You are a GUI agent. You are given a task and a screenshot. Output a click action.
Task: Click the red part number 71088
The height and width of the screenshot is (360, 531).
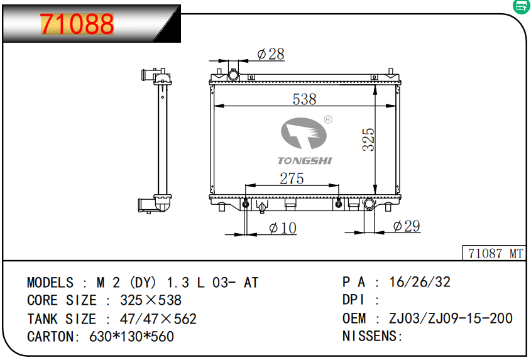coord(77,24)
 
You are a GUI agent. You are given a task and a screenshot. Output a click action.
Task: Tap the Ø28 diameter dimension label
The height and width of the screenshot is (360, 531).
coord(271,54)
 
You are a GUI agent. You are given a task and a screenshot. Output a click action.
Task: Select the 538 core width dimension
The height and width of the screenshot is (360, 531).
coord(304,99)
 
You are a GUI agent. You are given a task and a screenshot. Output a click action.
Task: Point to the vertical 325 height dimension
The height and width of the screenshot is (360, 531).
coord(368,139)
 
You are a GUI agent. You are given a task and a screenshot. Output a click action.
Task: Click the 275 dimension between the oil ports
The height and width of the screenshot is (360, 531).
coord(292,178)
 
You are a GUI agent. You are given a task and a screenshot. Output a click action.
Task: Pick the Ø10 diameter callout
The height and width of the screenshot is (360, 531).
coord(283,228)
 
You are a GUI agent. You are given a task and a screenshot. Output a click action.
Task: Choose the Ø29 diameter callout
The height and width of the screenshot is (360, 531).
coord(407,226)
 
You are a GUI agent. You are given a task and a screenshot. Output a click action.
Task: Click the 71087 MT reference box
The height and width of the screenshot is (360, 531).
coord(494,253)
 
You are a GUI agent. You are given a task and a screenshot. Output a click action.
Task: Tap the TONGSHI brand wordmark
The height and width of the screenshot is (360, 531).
coord(305,161)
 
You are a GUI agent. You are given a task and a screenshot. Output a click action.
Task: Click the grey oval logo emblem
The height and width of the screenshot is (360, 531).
coord(304,133)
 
